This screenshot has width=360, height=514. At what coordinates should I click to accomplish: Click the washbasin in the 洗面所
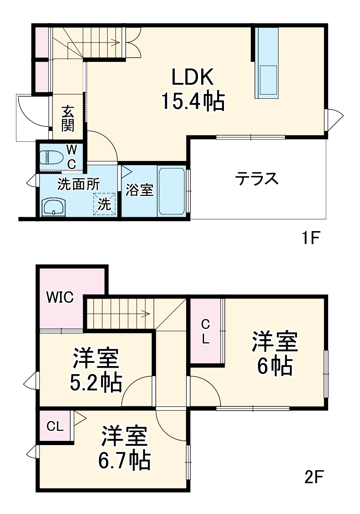pos(53,207)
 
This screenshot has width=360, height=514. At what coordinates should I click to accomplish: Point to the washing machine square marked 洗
pos(104,204)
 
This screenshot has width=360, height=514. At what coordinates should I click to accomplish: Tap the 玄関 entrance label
pos(68,119)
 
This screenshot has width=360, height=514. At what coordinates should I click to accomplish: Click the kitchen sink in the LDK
pos(267,79)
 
